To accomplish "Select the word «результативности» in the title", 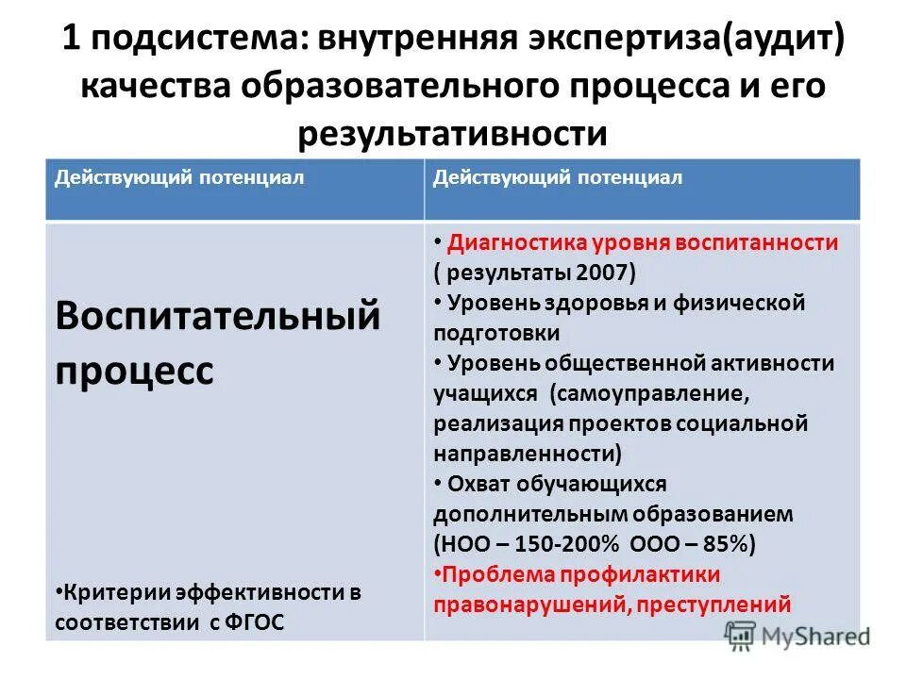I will (x=453, y=132).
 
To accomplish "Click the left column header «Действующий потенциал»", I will (x=179, y=177).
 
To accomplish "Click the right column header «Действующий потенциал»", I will (x=557, y=177).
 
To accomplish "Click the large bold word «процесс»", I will (x=134, y=368).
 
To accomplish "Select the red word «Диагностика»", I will (x=518, y=242).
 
